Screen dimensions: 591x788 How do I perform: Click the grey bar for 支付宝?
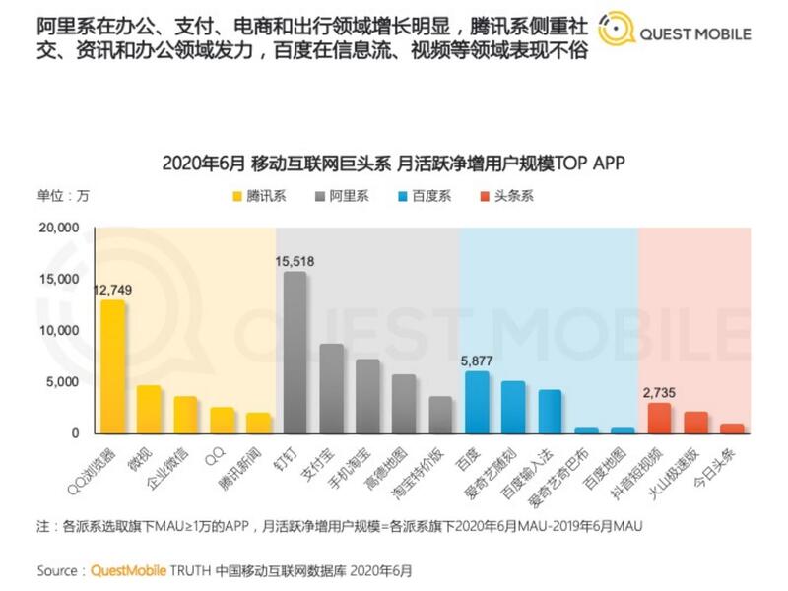click(332, 388)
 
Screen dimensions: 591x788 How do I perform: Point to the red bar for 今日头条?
click(732, 428)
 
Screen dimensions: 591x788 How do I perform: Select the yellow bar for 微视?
click(149, 409)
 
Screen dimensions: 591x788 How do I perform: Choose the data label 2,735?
click(659, 392)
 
